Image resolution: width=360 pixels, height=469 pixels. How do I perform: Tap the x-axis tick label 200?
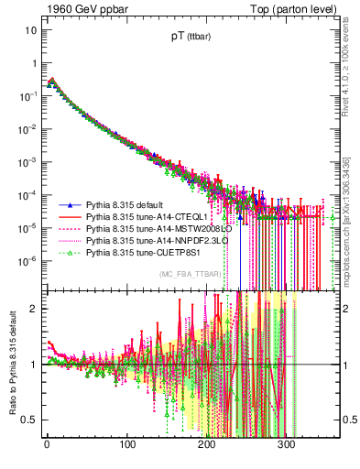click(206, 445)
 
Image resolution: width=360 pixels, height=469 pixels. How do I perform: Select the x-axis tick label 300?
click(286, 445)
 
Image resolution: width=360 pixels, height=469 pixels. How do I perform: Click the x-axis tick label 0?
click(47, 445)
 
